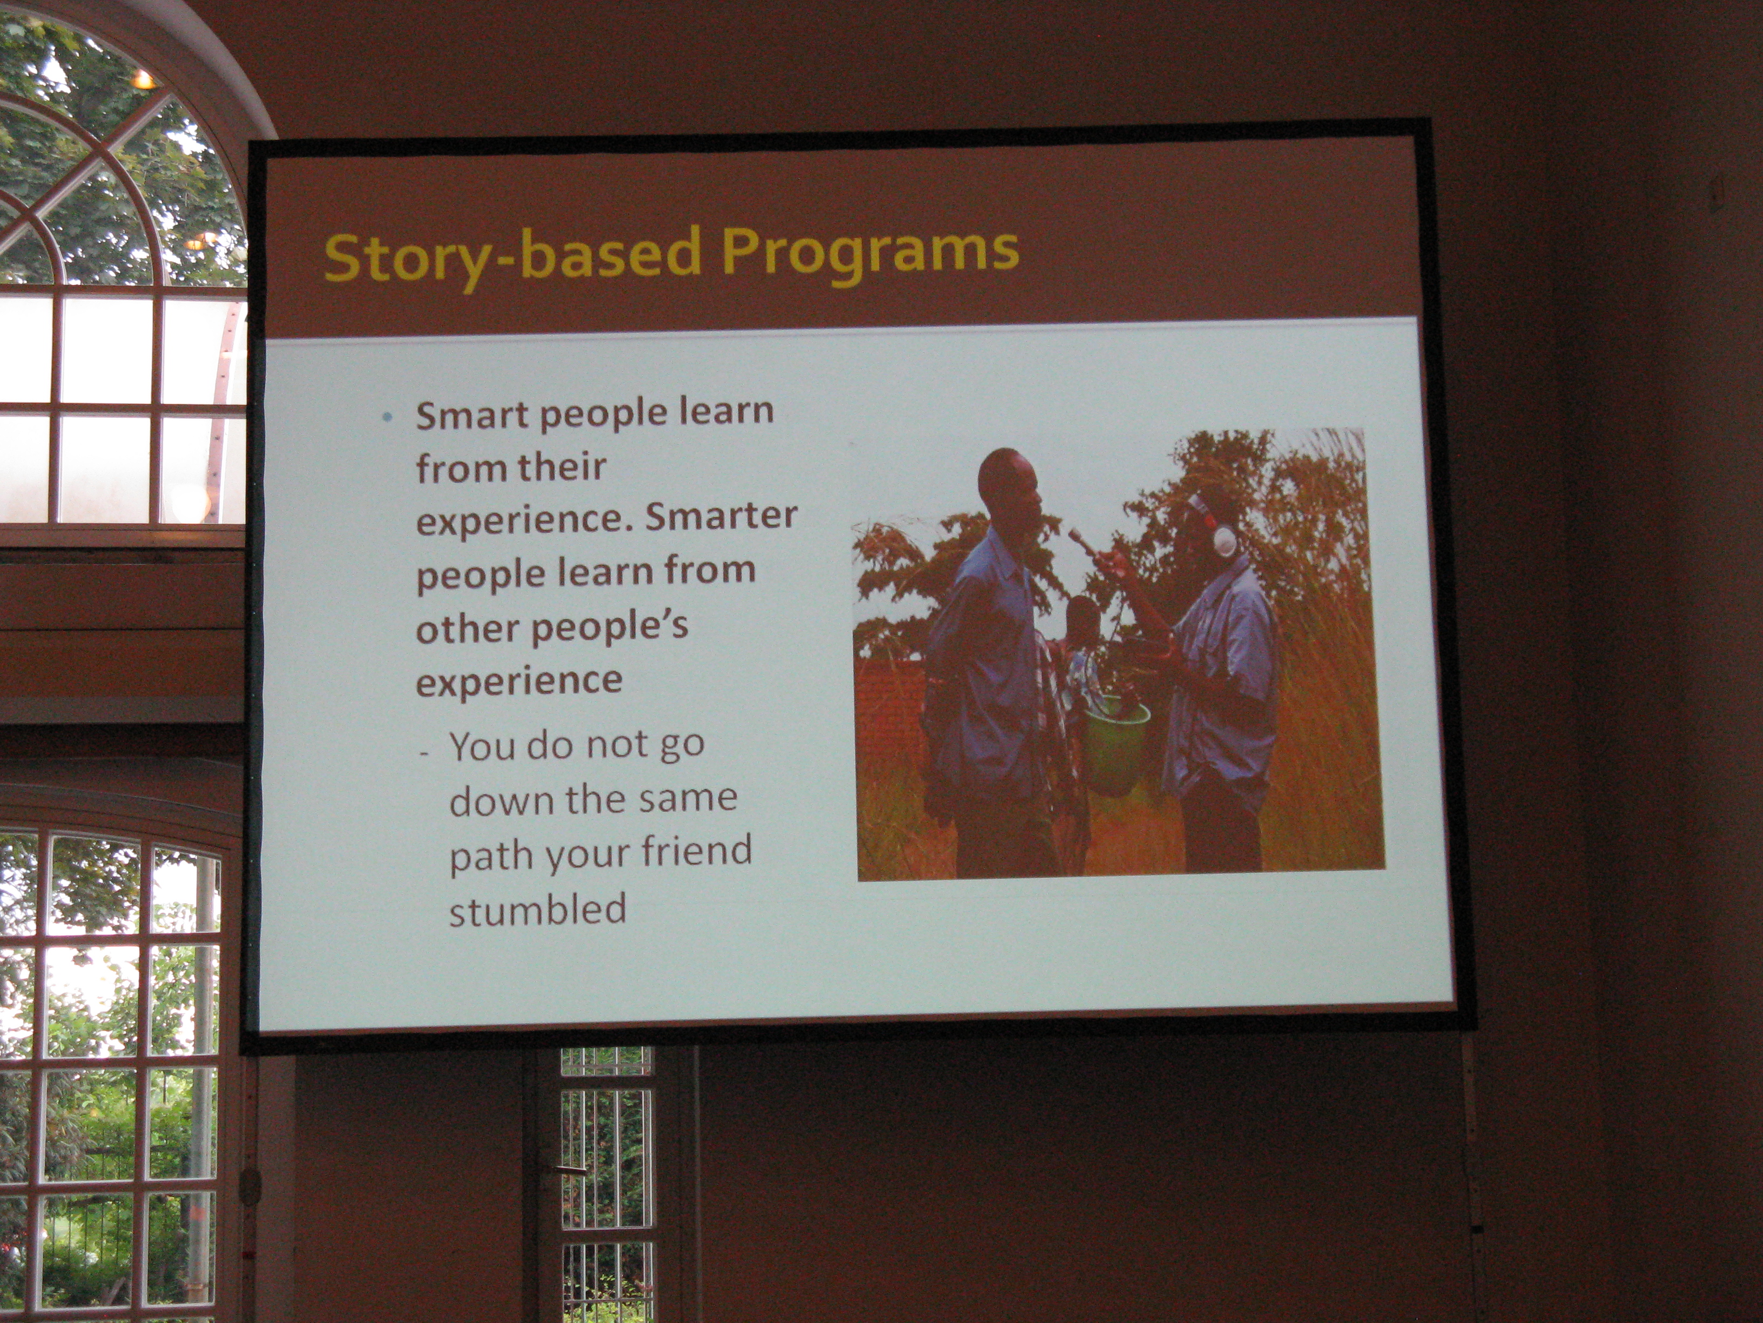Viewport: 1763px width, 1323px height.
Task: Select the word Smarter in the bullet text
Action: click(721, 517)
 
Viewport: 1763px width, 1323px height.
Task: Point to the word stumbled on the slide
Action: click(538, 910)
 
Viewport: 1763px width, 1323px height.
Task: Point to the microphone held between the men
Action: click(1084, 542)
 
